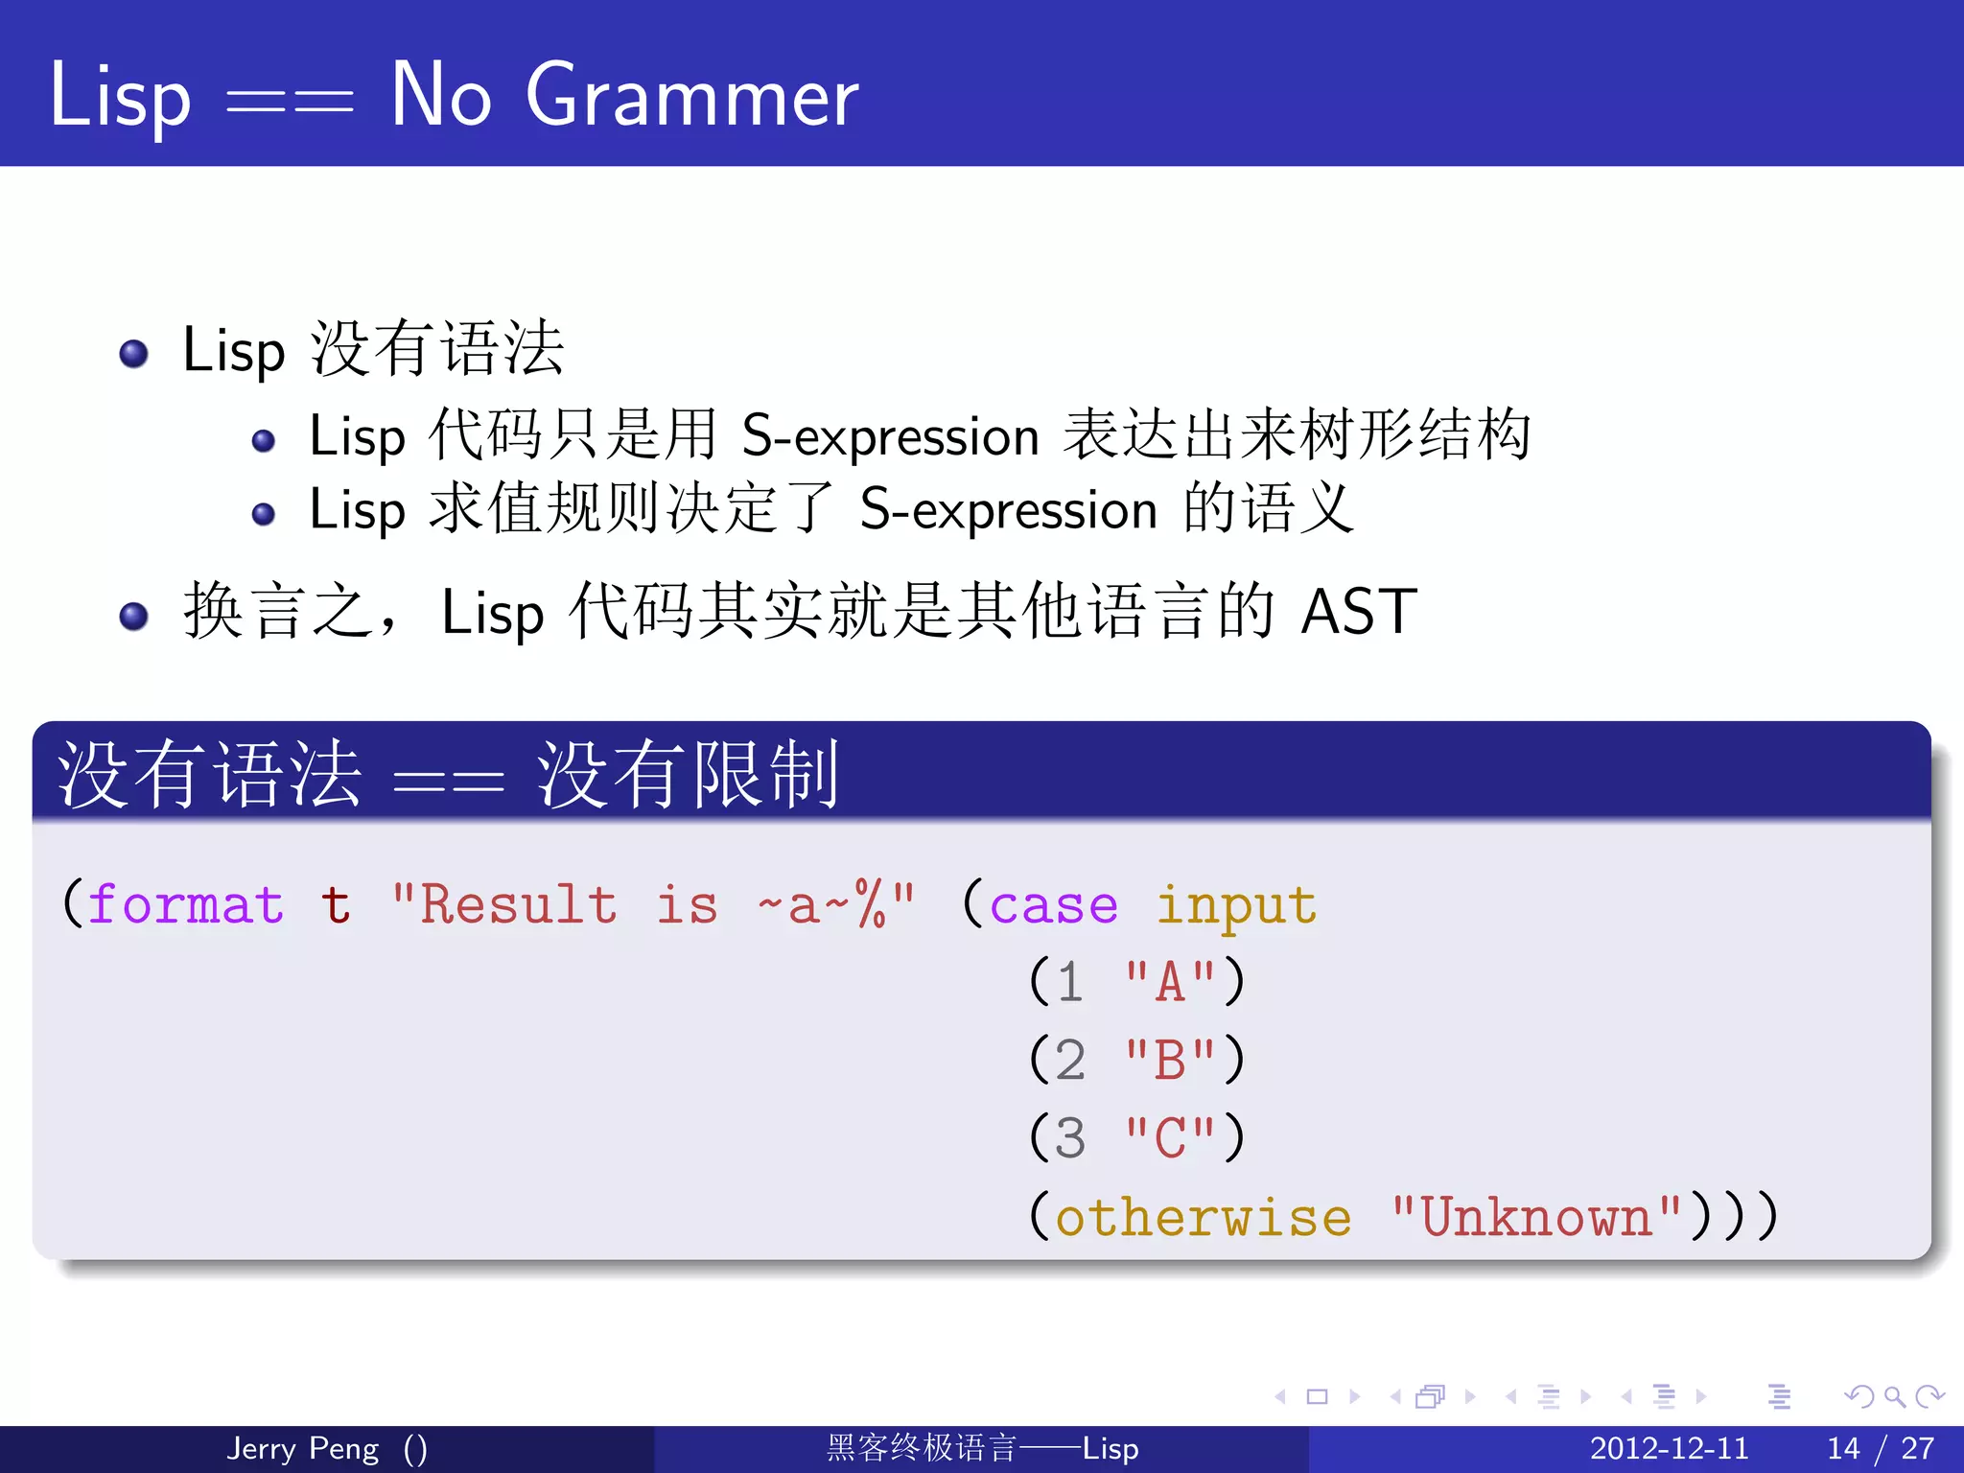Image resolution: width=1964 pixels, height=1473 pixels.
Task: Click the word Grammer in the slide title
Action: pos(691,96)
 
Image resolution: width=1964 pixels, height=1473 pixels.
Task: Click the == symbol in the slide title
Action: pos(290,100)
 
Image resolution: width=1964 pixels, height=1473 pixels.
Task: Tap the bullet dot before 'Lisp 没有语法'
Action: pos(133,354)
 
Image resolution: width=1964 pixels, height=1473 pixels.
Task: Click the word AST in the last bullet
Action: pos(1359,612)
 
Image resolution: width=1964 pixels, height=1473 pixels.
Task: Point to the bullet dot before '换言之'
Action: pos(133,616)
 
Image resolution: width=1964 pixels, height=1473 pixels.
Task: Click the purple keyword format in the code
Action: pos(186,905)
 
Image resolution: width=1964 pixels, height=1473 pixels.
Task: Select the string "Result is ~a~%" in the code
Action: pos(653,905)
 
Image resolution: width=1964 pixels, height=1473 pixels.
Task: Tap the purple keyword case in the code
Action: pos(1053,905)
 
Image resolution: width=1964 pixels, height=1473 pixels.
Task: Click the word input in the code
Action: pos(1236,905)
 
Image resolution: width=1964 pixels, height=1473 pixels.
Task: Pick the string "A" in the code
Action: pos(1170,982)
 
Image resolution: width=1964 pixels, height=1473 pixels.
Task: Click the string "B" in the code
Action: pos(1170,1061)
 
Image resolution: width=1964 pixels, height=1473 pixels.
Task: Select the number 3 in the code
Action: pos(1070,1138)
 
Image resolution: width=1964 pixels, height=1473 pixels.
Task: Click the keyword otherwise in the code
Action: pos(1204,1217)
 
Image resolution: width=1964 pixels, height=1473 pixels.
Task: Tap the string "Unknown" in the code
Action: pos(1536,1217)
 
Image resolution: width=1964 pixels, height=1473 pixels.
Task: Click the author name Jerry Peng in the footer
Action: pos(303,1448)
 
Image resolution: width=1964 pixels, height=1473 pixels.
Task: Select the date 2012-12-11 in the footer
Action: pos(1669,1448)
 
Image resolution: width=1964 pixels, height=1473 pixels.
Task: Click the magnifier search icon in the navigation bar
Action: pos(1894,1396)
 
